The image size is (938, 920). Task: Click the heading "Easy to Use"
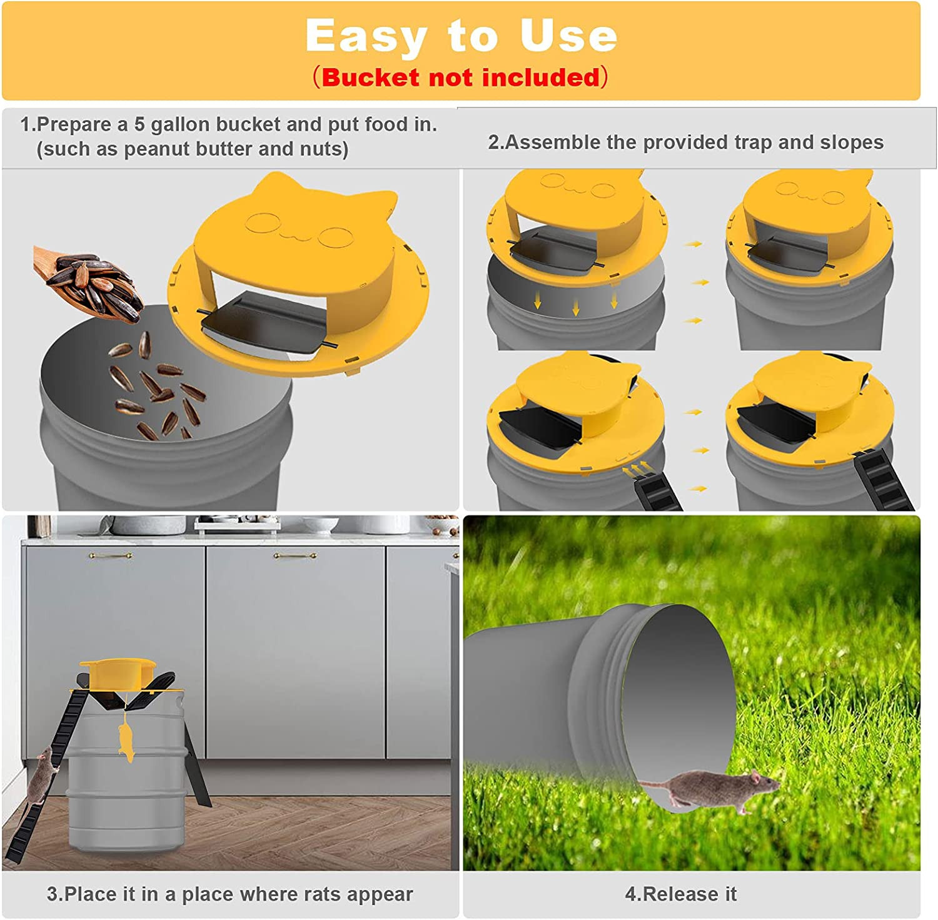[461, 36]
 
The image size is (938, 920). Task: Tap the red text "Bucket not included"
[461, 78]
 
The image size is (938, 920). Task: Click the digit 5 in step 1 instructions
[139, 124]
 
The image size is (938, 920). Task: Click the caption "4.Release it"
[680, 894]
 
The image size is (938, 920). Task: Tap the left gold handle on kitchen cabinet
[110, 555]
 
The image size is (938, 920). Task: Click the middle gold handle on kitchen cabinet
[294, 555]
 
